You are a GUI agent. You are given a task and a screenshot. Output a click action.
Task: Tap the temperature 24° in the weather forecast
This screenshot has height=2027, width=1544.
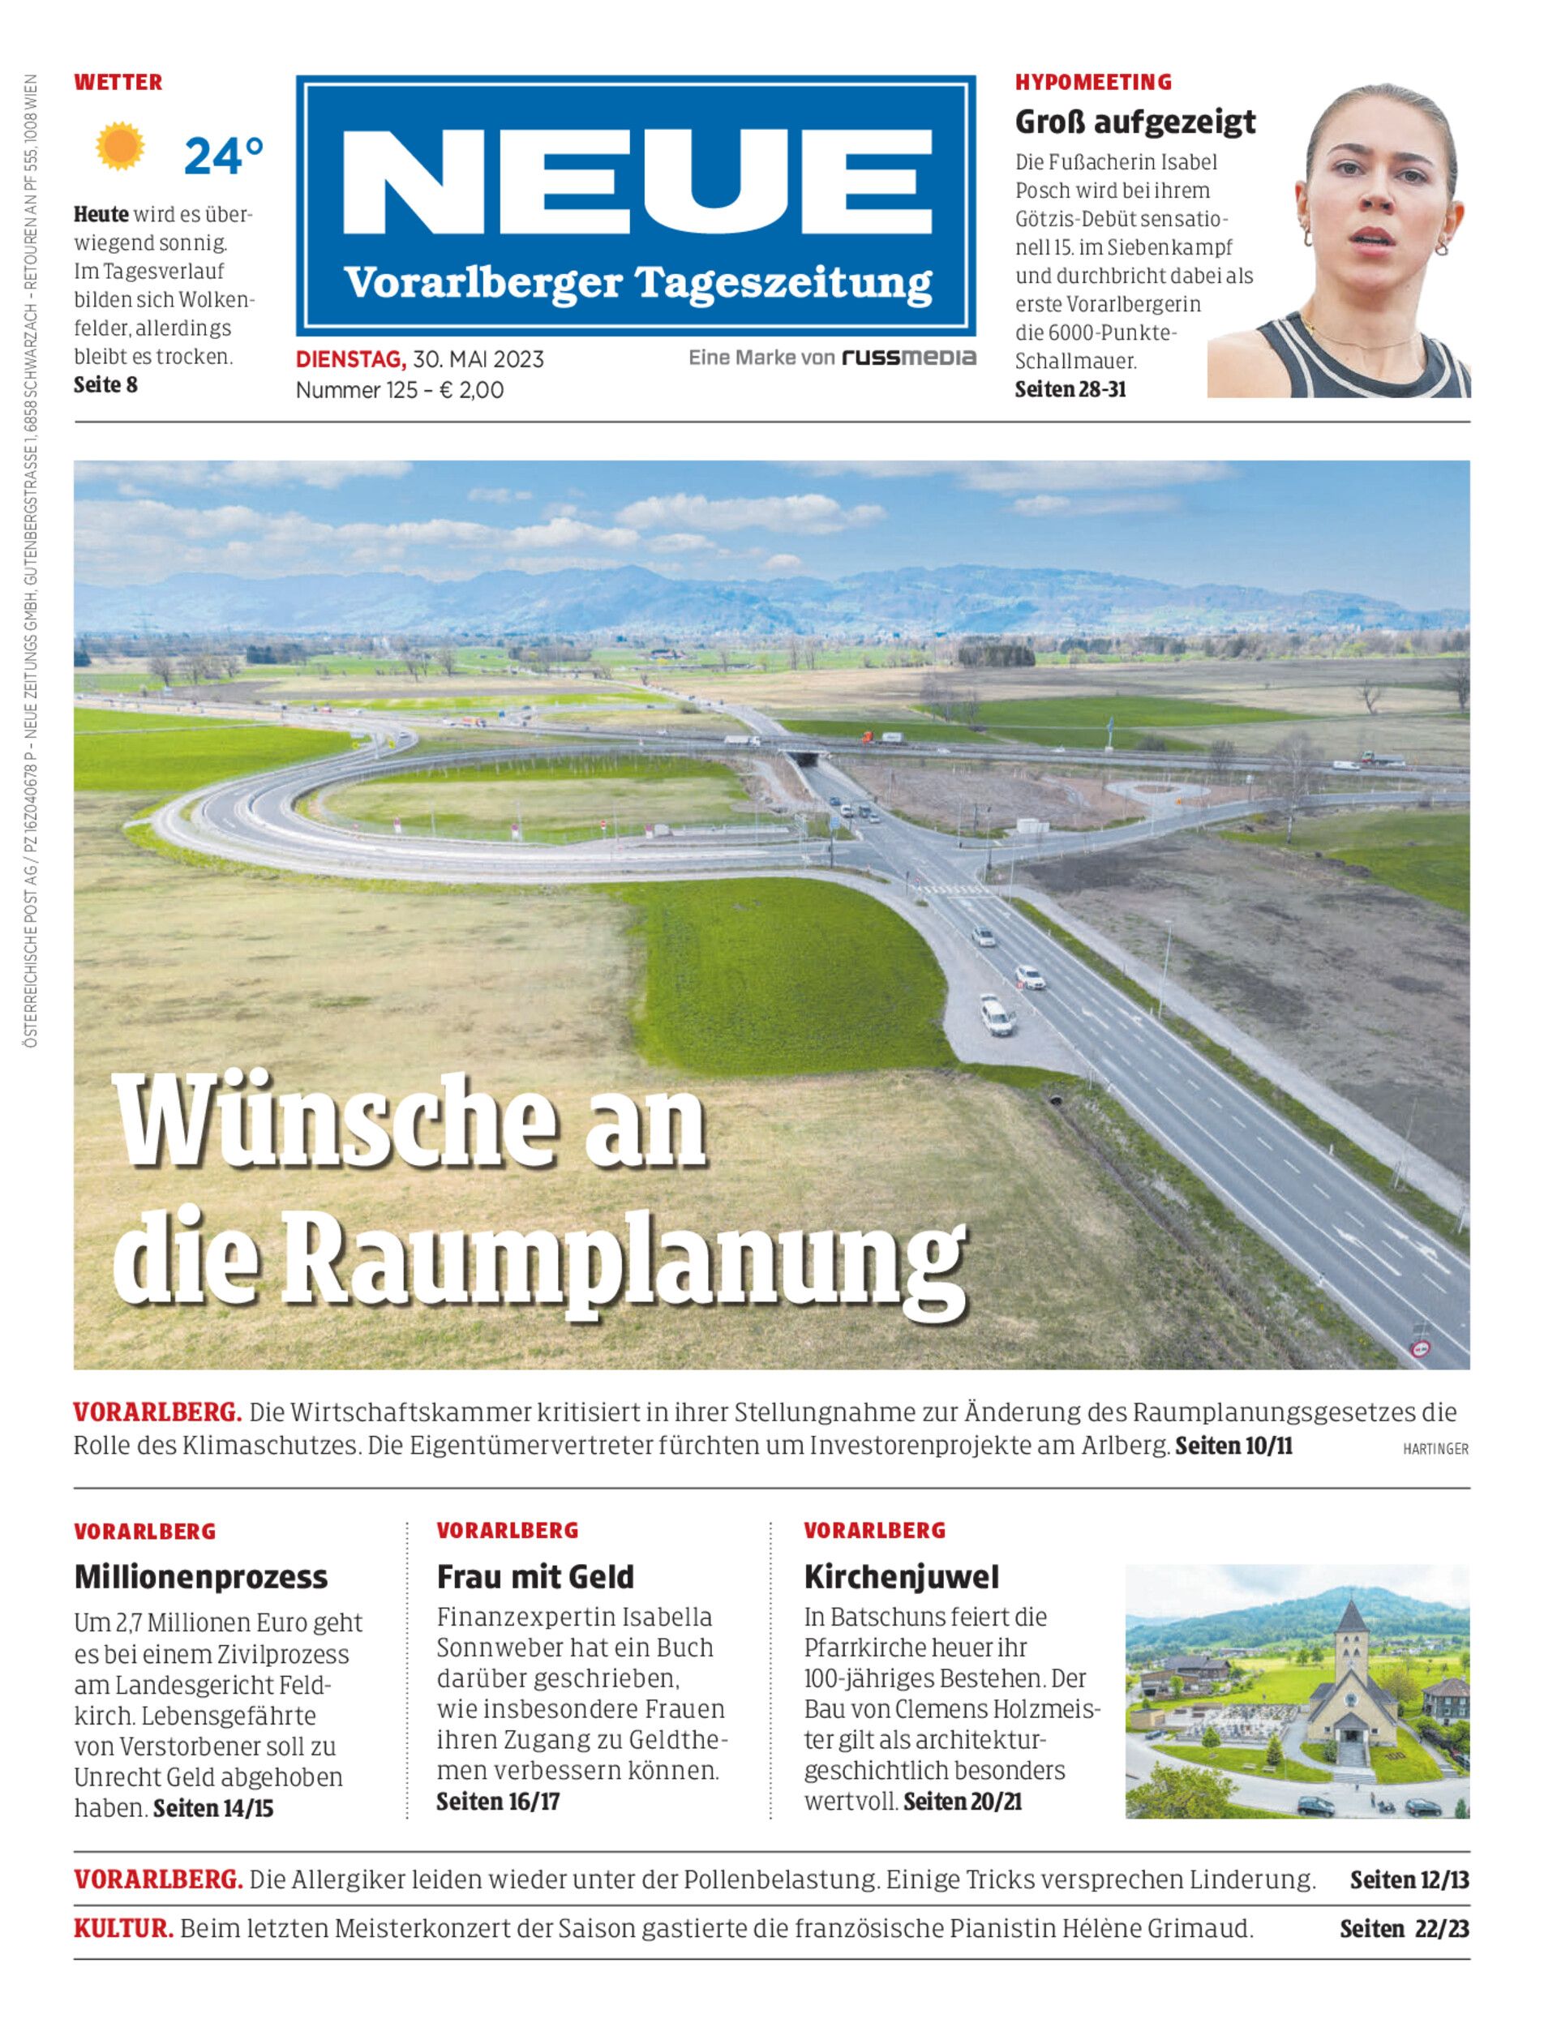223,156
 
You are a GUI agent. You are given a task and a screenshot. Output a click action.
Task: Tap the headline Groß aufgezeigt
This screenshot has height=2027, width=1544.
1134,122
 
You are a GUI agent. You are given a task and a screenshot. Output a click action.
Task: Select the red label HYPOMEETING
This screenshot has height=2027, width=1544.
1093,83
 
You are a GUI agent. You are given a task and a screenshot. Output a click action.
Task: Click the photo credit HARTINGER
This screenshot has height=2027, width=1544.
1435,1448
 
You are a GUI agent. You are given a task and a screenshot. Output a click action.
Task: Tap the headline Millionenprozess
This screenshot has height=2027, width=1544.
200,1577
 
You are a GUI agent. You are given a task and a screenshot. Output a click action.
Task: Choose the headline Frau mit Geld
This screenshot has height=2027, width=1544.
535,1577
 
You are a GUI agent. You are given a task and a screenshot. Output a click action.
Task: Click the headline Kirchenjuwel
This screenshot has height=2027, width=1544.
901,1577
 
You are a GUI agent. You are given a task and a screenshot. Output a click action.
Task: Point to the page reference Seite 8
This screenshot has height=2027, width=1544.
105,385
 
